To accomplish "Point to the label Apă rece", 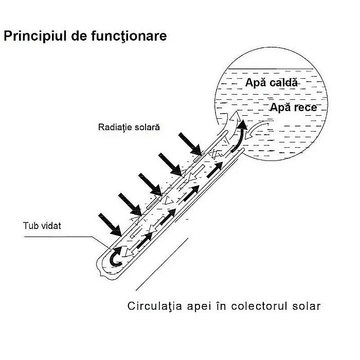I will (293, 107).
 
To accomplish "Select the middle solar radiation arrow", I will (149, 183).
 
